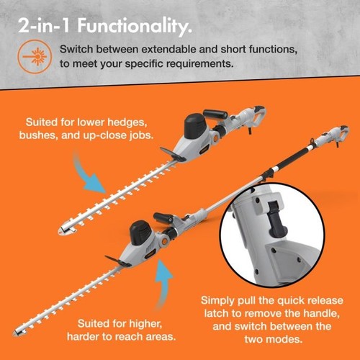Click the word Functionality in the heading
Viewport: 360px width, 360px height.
point(135,27)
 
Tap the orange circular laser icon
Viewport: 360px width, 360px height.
point(35,57)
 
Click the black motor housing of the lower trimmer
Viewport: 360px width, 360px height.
point(140,233)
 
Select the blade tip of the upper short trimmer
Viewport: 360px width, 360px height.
point(60,231)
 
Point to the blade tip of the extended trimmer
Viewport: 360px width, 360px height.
point(16,333)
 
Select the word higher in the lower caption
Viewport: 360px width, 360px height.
point(145,324)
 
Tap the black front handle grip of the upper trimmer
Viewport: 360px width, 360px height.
point(215,114)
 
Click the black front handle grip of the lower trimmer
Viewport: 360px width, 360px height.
point(163,217)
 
